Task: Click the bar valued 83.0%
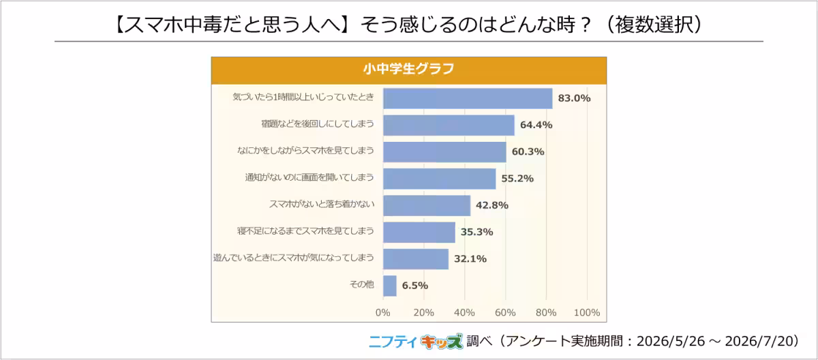coord(468,99)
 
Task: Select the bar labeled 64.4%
coord(449,125)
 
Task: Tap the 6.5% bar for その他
coord(390,286)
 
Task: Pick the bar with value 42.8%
coord(427,205)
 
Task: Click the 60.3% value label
coord(528,151)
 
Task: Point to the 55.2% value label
coord(517,179)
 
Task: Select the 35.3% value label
coord(477,232)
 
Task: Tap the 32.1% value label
coord(470,259)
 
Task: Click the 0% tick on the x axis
coord(382,312)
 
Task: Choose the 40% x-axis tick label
coord(464,312)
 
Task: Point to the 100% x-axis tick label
coord(587,312)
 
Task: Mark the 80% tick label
coord(546,312)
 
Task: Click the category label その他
coord(362,284)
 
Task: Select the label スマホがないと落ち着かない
coord(322,204)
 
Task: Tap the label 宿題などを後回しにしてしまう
coord(318,124)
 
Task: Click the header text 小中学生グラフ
coord(408,69)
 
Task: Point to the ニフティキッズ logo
coord(416,342)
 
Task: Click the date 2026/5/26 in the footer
coord(671,342)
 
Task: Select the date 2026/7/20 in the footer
coord(759,342)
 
